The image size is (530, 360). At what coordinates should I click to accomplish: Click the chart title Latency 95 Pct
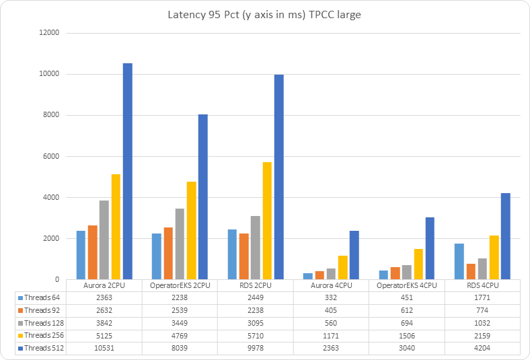tap(264, 15)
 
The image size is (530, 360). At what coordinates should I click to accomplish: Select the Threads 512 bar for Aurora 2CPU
tap(128, 172)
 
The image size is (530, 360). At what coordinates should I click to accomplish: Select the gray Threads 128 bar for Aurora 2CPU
tap(104, 240)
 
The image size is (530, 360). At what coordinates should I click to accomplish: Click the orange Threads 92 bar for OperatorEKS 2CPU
tap(167, 253)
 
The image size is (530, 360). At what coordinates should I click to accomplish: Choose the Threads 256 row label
tap(44, 335)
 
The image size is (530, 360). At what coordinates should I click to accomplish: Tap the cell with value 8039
tap(180, 348)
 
